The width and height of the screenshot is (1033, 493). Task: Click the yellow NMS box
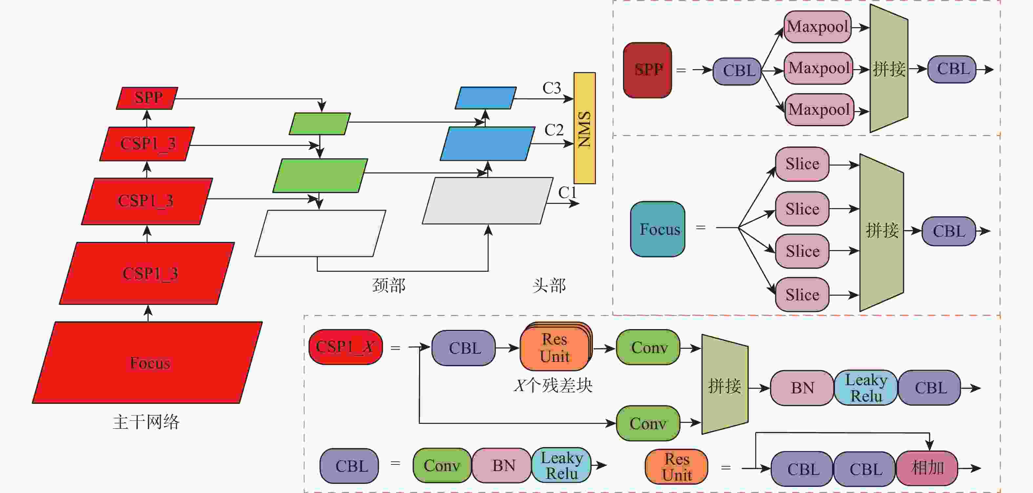[584, 128]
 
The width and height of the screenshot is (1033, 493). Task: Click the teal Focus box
[658, 229]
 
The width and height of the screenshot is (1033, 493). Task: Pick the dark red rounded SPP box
[647, 70]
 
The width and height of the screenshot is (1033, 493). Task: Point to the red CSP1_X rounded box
[346, 347]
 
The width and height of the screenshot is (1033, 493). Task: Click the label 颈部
[389, 286]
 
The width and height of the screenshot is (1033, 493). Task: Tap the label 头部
[549, 286]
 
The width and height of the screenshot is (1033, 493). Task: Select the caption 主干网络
[146, 422]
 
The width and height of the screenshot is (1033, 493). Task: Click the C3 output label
[551, 88]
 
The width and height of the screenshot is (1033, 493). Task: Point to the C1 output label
[567, 193]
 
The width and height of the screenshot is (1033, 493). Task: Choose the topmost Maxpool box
[817, 27]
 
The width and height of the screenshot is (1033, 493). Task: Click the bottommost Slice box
[802, 295]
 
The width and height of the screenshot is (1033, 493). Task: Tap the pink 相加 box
[927, 468]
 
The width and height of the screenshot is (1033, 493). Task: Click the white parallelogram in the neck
[320, 233]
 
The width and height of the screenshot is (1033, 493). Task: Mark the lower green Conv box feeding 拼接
[648, 423]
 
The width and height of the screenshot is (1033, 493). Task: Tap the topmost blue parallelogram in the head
[486, 98]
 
